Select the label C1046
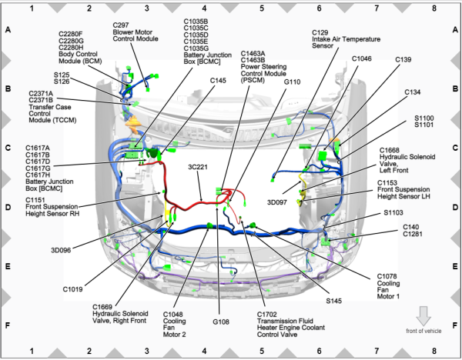coord(362,58)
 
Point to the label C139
coord(403,59)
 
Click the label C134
coord(413,92)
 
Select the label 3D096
coord(62,249)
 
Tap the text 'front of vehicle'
coord(423,331)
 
